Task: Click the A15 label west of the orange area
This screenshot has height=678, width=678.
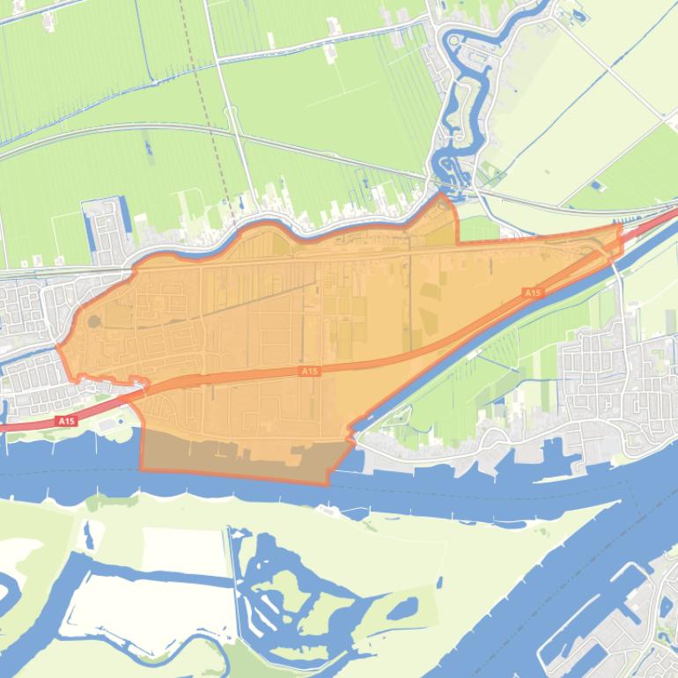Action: (66, 422)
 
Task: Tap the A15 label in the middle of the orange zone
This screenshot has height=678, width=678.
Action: (308, 372)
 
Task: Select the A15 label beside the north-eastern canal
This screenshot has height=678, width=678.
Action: (531, 292)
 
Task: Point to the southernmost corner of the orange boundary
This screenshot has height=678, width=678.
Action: (328, 483)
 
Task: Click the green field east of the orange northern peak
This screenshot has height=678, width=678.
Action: (480, 229)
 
